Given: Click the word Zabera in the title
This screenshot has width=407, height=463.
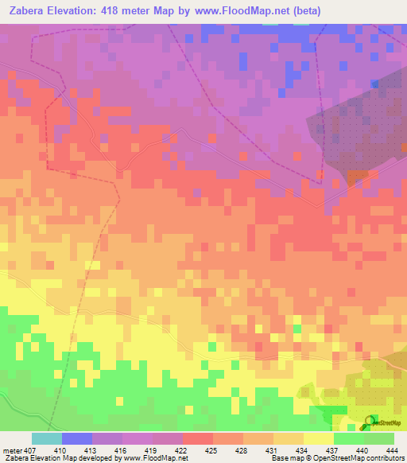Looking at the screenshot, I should pyautogui.click(x=33, y=12).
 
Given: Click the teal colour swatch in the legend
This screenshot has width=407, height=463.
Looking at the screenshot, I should pyautogui.click(x=47, y=438).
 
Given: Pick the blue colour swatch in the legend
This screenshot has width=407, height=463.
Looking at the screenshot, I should pyautogui.click(x=77, y=438).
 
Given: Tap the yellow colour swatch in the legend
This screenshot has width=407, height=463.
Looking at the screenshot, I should pyautogui.click(x=318, y=438).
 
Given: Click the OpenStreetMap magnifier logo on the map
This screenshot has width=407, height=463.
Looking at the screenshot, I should pyautogui.click(x=367, y=422).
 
